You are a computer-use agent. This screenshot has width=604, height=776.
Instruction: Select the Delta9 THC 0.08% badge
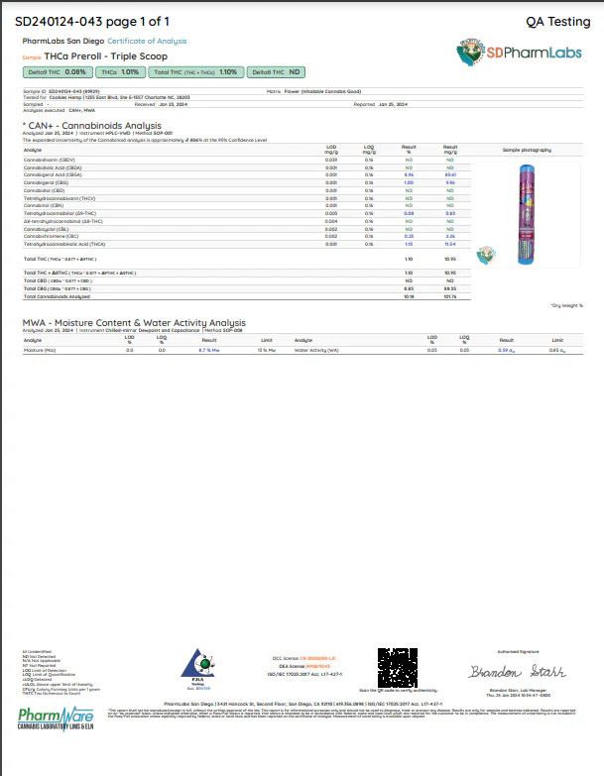pyautogui.click(x=58, y=72)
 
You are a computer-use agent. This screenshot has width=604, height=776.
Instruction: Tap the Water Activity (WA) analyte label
pyautogui.click(x=317, y=350)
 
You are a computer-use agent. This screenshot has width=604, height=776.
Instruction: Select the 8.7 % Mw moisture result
pyautogui.click(x=208, y=350)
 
